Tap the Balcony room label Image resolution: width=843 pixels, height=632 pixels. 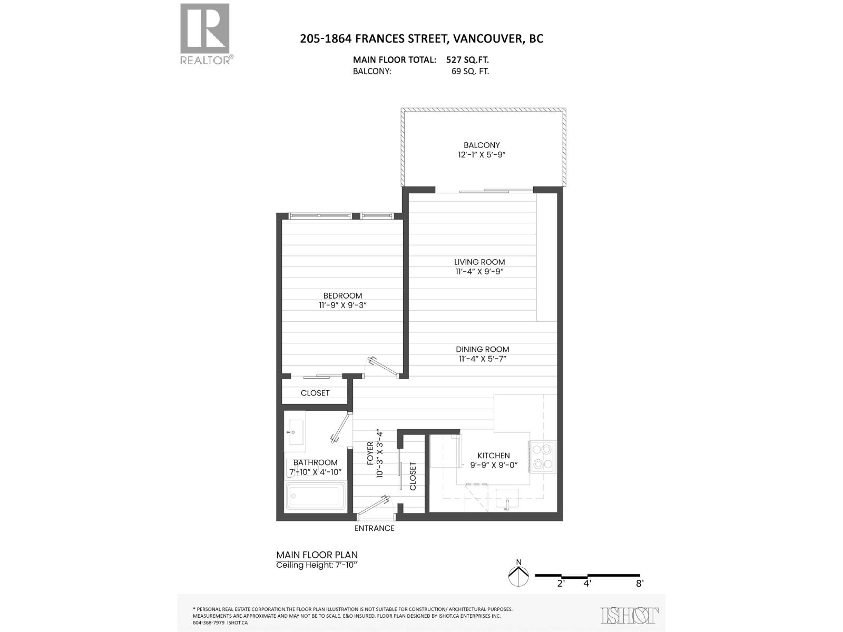pyautogui.click(x=482, y=145)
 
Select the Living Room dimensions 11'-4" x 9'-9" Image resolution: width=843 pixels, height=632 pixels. pyautogui.click(x=479, y=272)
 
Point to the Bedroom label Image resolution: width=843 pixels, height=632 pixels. pyautogui.click(x=342, y=295)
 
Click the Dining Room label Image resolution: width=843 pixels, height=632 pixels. pyautogui.click(x=482, y=349)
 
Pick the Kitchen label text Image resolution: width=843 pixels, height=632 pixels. pyautogui.click(x=494, y=456)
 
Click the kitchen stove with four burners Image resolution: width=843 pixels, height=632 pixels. pyautogui.click(x=543, y=457)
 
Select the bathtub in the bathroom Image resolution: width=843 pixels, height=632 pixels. pyautogui.click(x=315, y=497)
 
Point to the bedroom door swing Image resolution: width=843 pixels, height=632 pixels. pyautogui.click(x=383, y=367)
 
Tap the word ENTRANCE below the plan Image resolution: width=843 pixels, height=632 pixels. pyautogui.click(x=375, y=528)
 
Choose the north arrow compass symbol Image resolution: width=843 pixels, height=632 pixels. pyautogui.click(x=518, y=576)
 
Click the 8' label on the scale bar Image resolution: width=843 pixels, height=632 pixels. pyautogui.click(x=640, y=584)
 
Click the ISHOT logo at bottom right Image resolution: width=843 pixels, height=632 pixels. pyautogui.click(x=630, y=615)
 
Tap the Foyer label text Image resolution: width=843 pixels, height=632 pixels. pyautogui.click(x=370, y=453)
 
